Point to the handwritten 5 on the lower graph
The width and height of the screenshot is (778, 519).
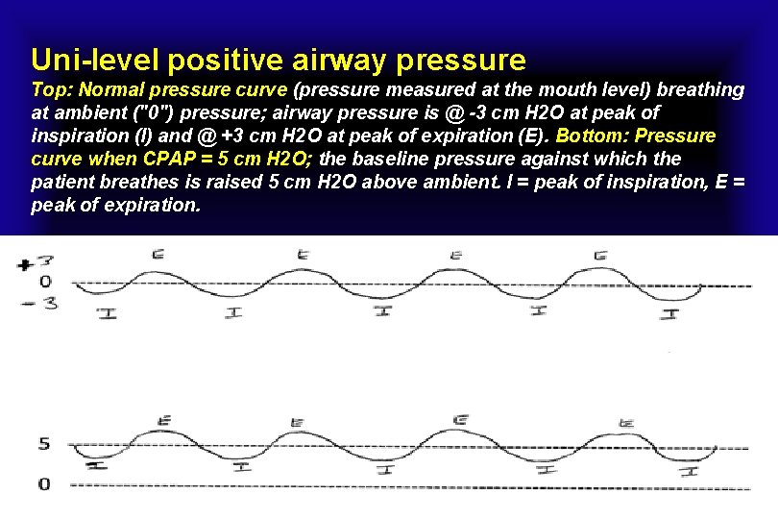pyautogui.click(x=43, y=445)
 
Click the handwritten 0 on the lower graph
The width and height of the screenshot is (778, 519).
pyautogui.click(x=43, y=483)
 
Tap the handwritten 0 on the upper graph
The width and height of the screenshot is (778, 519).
pyautogui.click(x=44, y=283)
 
